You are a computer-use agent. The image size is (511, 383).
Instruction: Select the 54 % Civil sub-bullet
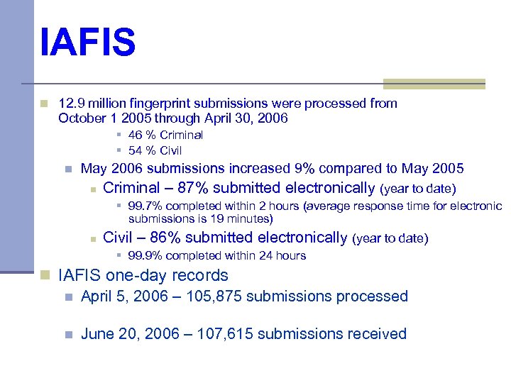point(155,150)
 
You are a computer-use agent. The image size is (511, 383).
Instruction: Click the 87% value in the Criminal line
point(192,188)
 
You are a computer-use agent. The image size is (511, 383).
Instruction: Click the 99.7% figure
point(143,206)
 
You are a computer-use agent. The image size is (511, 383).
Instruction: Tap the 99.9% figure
point(143,255)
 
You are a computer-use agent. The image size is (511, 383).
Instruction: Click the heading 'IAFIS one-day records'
point(143,275)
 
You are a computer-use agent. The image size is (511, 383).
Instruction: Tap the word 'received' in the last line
point(378,334)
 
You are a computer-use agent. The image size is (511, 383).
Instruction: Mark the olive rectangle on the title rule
point(434,84)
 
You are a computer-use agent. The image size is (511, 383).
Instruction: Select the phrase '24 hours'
point(282,255)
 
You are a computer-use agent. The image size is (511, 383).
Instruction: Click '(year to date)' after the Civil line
point(390,238)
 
